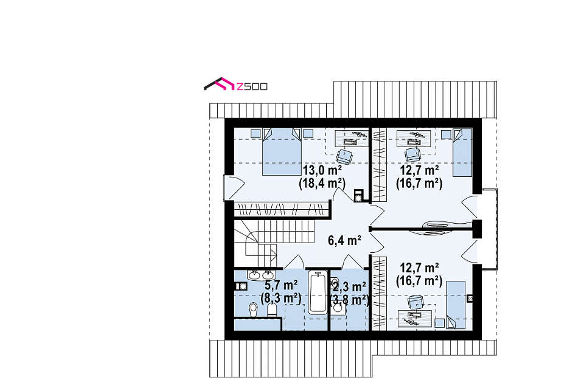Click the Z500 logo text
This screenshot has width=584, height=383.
(x=252, y=87)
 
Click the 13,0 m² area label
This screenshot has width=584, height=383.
(x=322, y=170)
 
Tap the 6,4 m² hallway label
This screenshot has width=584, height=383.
(x=344, y=241)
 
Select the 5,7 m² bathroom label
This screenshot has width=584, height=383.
(x=281, y=286)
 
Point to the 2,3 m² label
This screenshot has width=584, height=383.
(x=349, y=286)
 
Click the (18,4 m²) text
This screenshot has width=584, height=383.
(x=322, y=184)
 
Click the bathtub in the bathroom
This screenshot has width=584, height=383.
(x=318, y=292)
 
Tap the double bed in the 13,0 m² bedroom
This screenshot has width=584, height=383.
(x=281, y=151)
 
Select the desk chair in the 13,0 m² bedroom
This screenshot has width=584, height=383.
(x=344, y=156)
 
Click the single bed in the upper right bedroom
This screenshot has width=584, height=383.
(x=462, y=153)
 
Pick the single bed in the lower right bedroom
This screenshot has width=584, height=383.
(x=456, y=305)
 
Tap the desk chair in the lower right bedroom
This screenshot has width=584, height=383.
(x=415, y=302)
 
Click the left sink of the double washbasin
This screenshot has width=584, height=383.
(x=255, y=275)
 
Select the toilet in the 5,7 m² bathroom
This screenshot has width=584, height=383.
(x=272, y=309)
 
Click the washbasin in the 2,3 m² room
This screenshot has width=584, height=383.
(x=338, y=308)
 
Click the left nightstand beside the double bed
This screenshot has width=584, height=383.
(x=255, y=133)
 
